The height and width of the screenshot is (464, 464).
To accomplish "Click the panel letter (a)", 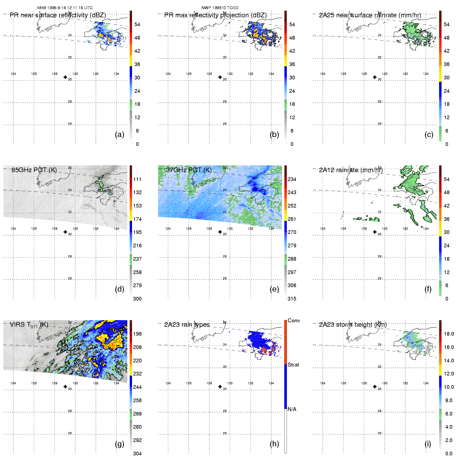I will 119,134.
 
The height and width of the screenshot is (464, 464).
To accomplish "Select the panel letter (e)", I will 274,289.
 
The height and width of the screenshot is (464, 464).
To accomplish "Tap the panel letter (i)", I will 428,444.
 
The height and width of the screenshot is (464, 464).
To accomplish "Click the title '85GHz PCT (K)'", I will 34,170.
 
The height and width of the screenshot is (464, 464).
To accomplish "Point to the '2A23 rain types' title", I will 187,325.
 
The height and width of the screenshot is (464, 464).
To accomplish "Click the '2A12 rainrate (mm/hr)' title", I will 351,170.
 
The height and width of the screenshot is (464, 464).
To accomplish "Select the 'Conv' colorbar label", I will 294,320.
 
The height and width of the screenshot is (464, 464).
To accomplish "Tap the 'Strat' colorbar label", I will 293,365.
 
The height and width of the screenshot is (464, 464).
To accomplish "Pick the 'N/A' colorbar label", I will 292,409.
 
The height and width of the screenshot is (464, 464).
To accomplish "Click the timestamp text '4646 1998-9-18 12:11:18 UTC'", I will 64,8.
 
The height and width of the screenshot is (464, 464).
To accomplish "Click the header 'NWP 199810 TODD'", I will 220,8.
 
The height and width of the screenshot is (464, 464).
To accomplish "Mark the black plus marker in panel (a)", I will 65,77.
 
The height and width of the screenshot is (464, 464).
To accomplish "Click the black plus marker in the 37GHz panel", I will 220,232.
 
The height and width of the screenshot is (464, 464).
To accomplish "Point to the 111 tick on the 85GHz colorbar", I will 137,179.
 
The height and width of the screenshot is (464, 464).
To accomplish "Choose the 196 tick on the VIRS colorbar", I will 137,334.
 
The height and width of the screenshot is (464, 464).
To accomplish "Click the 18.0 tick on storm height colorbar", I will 449,334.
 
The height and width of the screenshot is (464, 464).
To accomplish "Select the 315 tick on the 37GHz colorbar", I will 292,299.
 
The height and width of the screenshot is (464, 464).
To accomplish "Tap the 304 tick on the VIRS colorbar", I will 137,454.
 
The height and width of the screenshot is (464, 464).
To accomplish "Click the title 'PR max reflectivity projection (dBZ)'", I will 215,15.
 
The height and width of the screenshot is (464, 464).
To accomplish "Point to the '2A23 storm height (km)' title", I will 353,325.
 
